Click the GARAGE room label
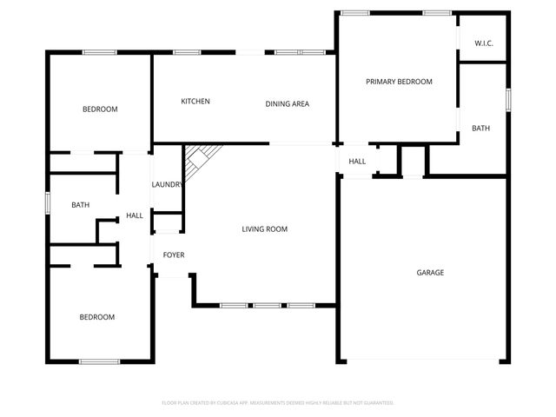point(430,273)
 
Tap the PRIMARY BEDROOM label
point(399,82)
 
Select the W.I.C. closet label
point(484,43)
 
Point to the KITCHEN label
point(195,102)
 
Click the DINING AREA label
point(288,104)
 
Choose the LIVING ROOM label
point(264,229)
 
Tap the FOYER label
point(174,255)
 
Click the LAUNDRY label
point(167,184)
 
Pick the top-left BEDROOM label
point(100,109)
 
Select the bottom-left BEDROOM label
point(97,317)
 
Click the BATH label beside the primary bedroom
point(480,129)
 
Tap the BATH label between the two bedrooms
point(80,205)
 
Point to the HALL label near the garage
point(357,162)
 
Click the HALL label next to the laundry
point(135,215)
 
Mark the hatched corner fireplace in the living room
point(198,157)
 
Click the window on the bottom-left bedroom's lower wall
point(98,361)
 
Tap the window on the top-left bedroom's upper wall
point(100,52)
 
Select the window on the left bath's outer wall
point(48,200)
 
